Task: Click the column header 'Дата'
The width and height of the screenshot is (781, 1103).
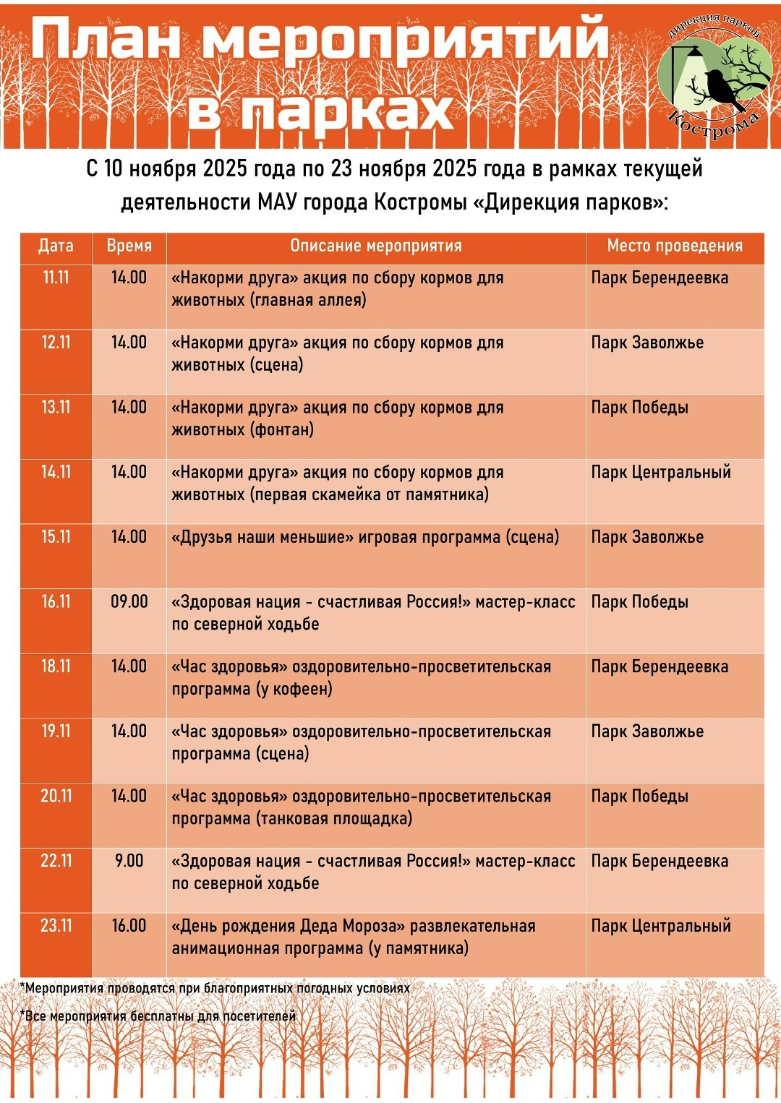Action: (56, 246)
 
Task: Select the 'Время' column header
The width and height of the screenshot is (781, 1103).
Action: (129, 246)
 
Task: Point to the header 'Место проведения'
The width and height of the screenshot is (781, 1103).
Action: (674, 246)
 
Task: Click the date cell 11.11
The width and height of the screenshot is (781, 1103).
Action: (56, 278)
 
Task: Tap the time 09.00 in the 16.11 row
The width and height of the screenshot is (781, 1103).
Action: (129, 601)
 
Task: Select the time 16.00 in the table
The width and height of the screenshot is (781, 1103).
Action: (129, 926)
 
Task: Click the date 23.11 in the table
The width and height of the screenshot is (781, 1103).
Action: (56, 926)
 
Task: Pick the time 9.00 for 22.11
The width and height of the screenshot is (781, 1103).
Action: (129, 861)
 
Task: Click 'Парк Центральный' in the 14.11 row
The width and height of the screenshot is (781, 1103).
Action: (660, 473)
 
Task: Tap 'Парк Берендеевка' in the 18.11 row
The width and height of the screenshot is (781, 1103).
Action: (659, 666)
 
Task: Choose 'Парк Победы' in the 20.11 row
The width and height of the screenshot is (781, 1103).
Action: (639, 797)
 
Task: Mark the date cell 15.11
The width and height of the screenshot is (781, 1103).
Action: (56, 537)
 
